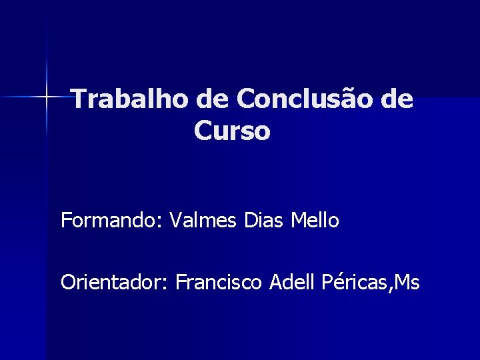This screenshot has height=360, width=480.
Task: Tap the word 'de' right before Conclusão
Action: (213, 100)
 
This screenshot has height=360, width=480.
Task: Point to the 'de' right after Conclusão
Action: (397, 100)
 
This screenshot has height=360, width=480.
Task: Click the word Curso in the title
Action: (232, 131)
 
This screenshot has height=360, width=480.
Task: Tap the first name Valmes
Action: (203, 220)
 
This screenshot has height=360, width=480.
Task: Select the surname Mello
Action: (315, 220)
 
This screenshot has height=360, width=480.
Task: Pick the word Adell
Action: (292, 283)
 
